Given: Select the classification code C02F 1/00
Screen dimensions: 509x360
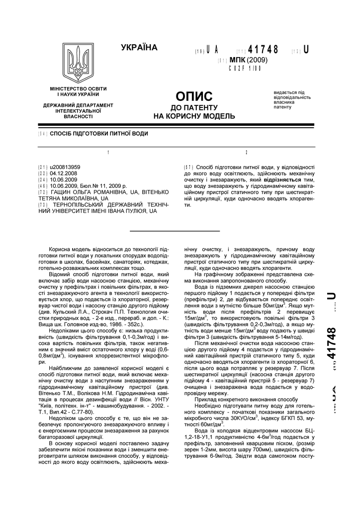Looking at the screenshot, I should point(245,68).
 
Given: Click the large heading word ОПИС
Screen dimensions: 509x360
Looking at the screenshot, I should point(194,96).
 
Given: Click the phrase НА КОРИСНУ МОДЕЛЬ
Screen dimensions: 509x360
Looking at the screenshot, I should point(194,116).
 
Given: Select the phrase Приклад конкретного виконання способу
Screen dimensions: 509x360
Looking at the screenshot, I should point(239,399).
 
